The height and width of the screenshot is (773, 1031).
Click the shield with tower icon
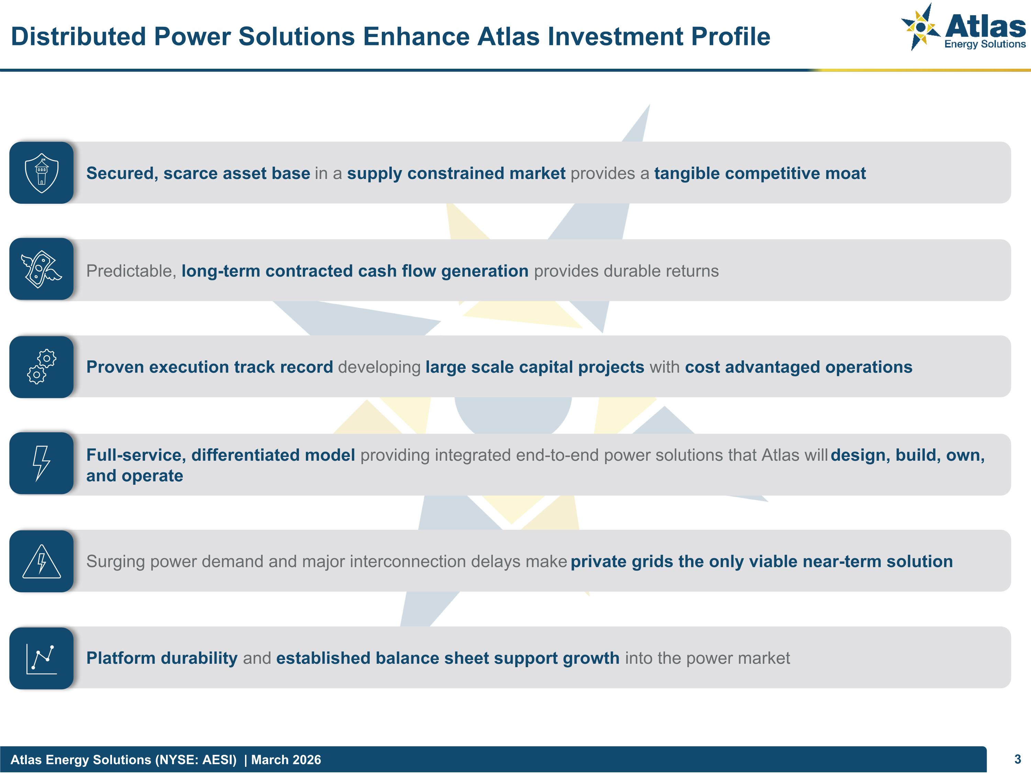42,173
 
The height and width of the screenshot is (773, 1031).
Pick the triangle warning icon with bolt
42,561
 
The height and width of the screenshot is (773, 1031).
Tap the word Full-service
136,455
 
